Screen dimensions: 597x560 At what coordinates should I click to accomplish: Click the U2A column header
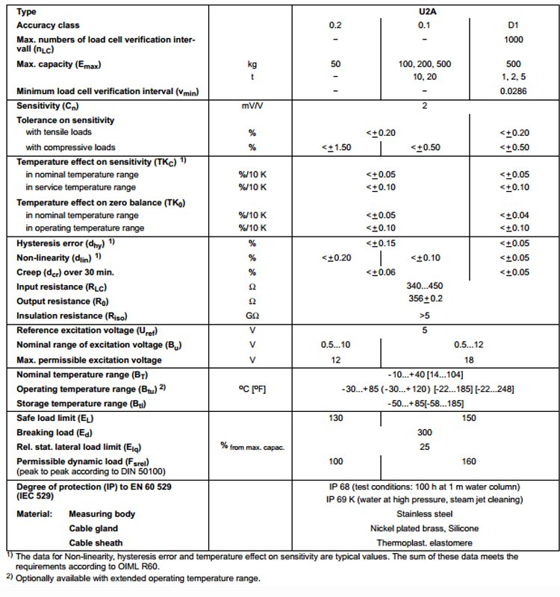(x=423, y=12)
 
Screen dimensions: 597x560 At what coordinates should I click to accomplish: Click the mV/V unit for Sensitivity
(x=252, y=105)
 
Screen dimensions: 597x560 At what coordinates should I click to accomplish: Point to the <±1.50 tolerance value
(x=336, y=147)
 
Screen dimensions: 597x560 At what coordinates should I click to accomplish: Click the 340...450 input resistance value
(x=423, y=286)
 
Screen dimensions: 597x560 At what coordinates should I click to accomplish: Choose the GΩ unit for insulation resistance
(x=252, y=316)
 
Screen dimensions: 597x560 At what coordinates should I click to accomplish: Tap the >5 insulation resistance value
(x=423, y=316)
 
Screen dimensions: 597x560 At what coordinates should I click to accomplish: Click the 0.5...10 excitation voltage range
(x=336, y=346)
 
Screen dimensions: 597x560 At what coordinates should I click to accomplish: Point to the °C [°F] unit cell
(x=252, y=389)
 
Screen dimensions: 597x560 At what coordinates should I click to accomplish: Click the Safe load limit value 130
(x=336, y=418)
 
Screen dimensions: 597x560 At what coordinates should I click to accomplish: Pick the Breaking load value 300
(x=423, y=432)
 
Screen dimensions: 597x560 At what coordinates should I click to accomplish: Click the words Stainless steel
(x=423, y=514)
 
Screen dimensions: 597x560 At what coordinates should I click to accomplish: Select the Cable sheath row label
(x=96, y=543)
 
